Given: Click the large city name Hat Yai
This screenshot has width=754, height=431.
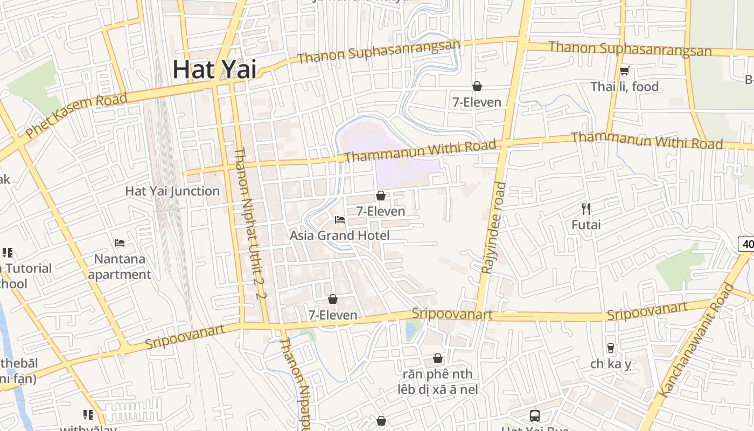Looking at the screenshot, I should point(214,69).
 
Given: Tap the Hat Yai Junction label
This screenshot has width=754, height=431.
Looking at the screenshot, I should point(172,191).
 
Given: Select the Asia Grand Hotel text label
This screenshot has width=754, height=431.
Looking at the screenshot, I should point(339,235).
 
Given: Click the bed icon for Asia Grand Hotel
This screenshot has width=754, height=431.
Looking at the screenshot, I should point(340,219).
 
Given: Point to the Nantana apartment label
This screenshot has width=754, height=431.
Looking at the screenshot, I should point(120,267).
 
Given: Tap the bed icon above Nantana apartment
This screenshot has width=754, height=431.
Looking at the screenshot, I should point(120,243).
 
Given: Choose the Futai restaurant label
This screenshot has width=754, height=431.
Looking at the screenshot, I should point(586,225).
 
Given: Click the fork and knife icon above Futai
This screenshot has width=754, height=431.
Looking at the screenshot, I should point(587,208).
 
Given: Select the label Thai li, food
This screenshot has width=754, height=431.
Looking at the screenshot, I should point(624,87).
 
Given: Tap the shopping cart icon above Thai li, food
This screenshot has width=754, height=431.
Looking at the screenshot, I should point(625,71).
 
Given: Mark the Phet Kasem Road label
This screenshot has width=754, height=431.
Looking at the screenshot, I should point(76,115).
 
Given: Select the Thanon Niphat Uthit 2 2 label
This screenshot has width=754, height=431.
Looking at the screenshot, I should point(250,223).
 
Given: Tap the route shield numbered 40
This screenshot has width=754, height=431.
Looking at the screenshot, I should point(746,244).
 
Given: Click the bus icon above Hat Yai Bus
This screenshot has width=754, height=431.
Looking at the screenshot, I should point(535,416).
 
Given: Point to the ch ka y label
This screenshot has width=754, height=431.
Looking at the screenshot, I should point(611,364).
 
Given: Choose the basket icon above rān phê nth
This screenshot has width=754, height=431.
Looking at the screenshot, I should point(438,358).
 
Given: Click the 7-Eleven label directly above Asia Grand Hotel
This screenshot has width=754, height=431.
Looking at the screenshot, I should point(380,211).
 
